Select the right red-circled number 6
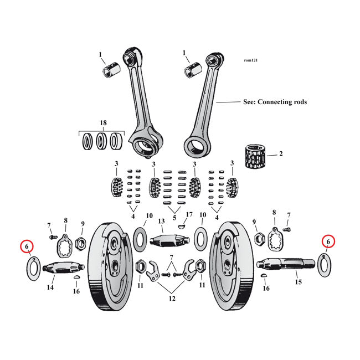(328, 241)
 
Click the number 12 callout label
(172, 299)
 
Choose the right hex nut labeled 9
(258, 239)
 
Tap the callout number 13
(162, 222)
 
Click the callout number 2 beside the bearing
(281, 153)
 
